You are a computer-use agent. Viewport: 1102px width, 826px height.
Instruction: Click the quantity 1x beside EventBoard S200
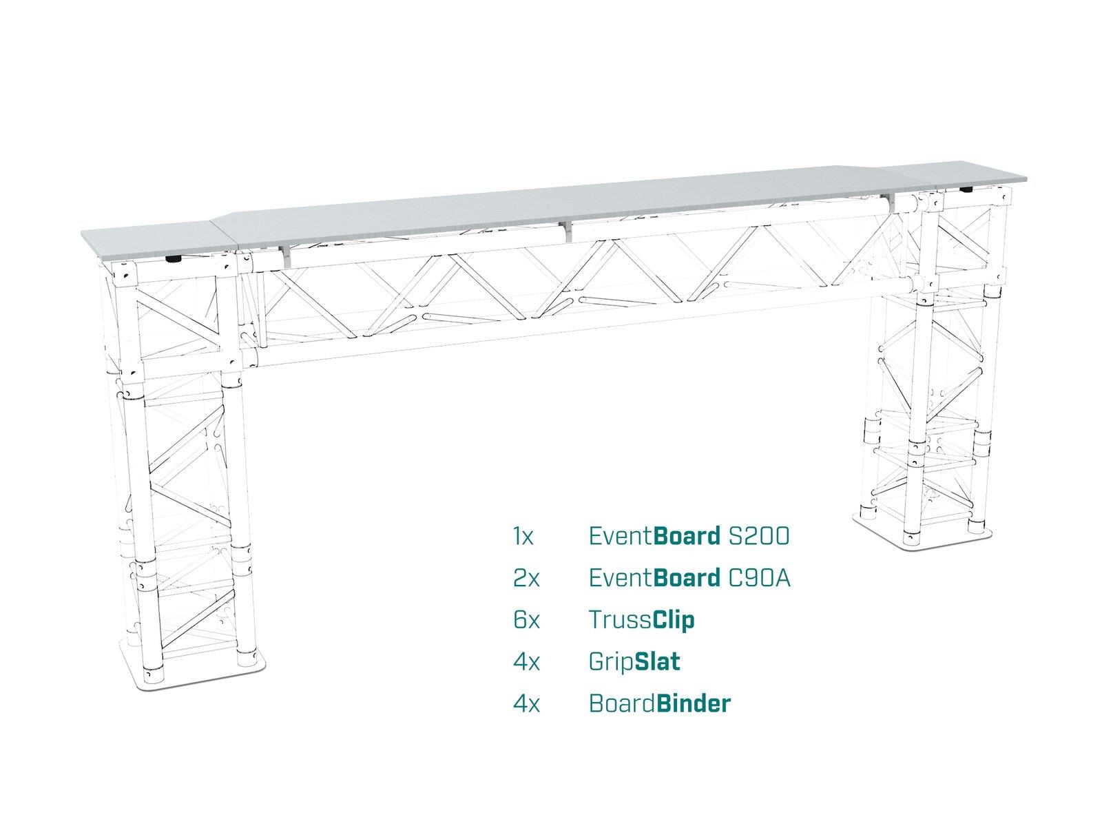point(523,537)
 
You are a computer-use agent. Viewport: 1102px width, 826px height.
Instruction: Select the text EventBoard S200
point(689,536)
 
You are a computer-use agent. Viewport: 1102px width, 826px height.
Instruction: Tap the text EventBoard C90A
point(689,578)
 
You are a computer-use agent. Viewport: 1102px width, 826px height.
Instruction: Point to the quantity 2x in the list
point(526,579)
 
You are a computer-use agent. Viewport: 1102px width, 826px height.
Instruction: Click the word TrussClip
point(642,619)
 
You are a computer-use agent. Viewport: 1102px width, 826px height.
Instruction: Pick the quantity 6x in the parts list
point(526,620)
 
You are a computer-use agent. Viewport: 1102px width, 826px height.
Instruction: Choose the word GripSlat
point(634,661)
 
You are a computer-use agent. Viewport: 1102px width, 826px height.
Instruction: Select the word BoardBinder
point(660,703)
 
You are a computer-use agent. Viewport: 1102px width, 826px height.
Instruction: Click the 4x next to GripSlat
point(526,662)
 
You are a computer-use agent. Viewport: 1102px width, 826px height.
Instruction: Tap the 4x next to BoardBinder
point(526,703)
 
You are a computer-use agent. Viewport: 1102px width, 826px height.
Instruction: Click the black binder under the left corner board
point(173,260)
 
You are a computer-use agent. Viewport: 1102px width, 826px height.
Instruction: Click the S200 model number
point(758,536)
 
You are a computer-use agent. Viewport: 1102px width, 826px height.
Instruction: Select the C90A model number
point(759,578)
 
